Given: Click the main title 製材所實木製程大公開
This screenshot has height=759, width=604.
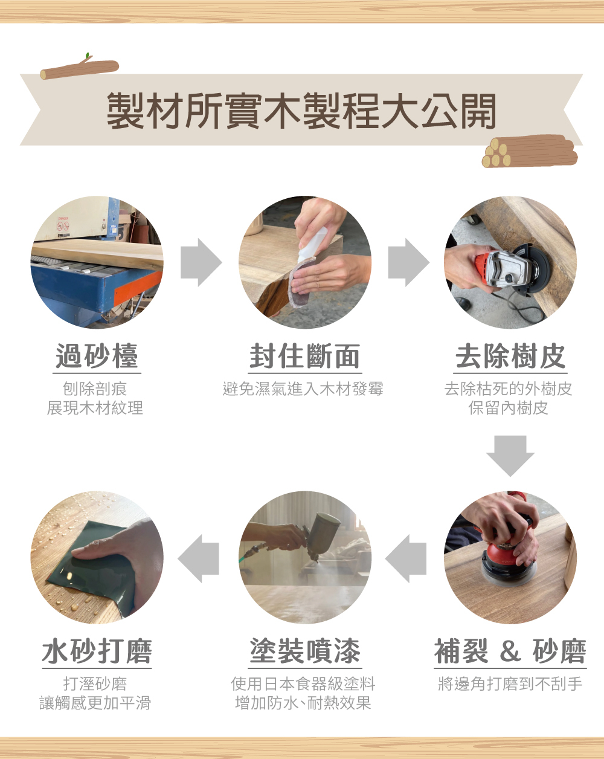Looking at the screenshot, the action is click(301, 111).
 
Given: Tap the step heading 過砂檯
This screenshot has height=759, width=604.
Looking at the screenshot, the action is click(97, 356).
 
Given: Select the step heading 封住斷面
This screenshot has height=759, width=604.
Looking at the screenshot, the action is click(304, 356).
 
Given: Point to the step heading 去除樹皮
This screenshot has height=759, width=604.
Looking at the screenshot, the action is click(510, 356).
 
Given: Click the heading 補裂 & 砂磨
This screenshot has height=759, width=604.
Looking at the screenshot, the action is click(510, 651).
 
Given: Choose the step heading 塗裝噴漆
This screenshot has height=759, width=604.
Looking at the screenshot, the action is click(304, 651).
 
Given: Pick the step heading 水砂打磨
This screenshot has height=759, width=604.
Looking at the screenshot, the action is click(97, 651).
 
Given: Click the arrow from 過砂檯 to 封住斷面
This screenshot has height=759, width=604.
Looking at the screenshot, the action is click(201, 262).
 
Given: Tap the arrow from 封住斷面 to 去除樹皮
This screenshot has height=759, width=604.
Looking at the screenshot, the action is click(409, 262).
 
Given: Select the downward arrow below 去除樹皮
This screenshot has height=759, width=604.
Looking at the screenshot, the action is click(510, 456).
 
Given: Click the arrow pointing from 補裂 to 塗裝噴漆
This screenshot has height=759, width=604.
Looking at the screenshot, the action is click(406, 558).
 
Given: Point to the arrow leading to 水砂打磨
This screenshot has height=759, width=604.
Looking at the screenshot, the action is click(198, 558).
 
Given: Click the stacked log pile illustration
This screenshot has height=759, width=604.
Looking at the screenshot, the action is click(530, 151).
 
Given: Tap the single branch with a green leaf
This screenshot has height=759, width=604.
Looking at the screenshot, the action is click(79, 67).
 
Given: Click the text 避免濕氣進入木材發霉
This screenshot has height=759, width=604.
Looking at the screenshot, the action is click(303, 389).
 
